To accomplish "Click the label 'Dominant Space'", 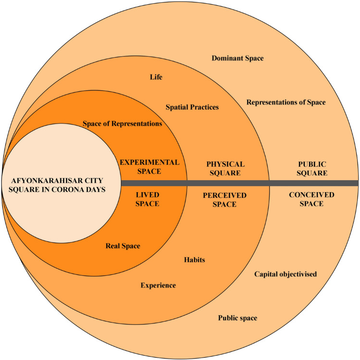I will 237,58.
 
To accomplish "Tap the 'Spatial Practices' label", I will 192,107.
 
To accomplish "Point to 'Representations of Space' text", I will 286,102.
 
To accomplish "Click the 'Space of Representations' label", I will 122,124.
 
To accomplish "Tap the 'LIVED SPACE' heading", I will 147,199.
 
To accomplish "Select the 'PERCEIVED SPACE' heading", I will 224,199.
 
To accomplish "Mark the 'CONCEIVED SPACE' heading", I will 307,199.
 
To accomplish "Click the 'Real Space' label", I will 123,246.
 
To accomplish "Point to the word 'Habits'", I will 195,260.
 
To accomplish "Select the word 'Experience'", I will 158,286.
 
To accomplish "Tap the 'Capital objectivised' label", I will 286,274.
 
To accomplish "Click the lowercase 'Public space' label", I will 237,318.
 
